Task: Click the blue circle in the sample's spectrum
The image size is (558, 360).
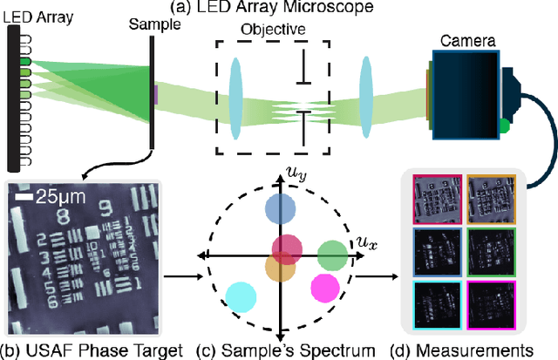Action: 278,210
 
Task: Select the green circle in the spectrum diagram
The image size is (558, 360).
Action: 332,255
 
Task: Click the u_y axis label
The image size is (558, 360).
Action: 298,176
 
